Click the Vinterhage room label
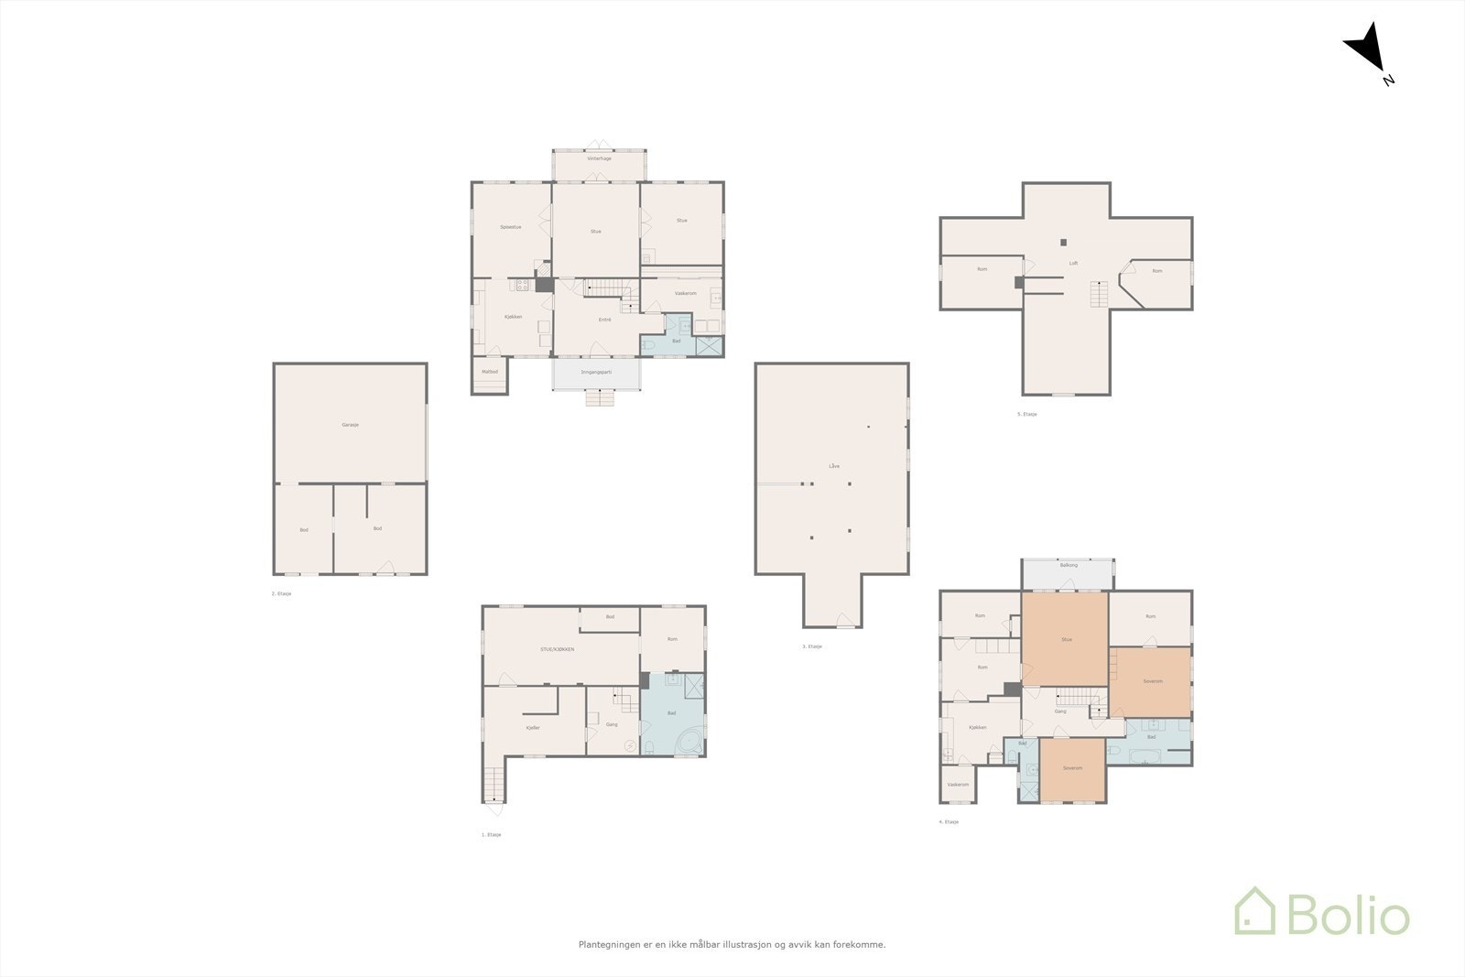pos(600,158)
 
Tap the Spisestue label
pos(511,227)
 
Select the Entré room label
pos(605,320)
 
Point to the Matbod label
pos(490,372)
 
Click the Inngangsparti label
pos(596,372)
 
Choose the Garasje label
pos(350,425)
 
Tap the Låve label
pos(834,466)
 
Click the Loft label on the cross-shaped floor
pos(1073,264)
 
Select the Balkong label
pos(1069,565)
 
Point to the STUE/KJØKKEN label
pos(558,649)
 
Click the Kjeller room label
pos(534,728)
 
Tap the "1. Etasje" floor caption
pos(492,835)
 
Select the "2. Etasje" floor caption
pos(281,594)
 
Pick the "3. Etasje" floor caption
pos(812,646)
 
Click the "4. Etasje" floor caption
pos(949,822)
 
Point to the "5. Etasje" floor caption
pos(1026,415)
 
